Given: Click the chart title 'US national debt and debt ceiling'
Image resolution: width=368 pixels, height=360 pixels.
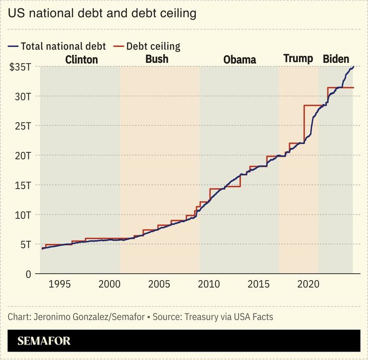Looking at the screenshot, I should [102, 13].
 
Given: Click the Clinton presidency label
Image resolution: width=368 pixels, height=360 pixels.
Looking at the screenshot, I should [82, 60].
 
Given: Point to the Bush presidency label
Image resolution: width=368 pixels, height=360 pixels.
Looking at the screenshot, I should [157, 59].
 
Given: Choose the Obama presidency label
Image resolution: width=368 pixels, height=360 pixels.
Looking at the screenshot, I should [239, 60].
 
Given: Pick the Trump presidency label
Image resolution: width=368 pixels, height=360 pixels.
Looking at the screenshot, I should [298, 59].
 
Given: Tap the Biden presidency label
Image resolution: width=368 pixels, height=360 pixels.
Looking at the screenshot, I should [336, 59].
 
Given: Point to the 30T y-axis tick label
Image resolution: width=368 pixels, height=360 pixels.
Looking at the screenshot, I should [22, 96].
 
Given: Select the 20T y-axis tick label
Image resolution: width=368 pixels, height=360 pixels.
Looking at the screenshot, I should [22, 155].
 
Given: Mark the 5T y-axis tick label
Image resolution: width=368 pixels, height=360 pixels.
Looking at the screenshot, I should [25, 244].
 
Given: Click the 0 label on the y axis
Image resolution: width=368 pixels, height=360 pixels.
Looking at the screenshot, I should [28, 274].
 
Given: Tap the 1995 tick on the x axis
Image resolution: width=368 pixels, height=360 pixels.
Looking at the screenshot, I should [59, 284].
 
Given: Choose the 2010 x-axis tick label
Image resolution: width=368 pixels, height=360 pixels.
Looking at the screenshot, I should [208, 284].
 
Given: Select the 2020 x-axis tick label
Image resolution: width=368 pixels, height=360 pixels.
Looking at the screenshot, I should [308, 284].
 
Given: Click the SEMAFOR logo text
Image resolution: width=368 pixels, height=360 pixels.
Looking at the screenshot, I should [44, 342].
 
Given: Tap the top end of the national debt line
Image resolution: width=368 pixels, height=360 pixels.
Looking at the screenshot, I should [353, 67].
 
